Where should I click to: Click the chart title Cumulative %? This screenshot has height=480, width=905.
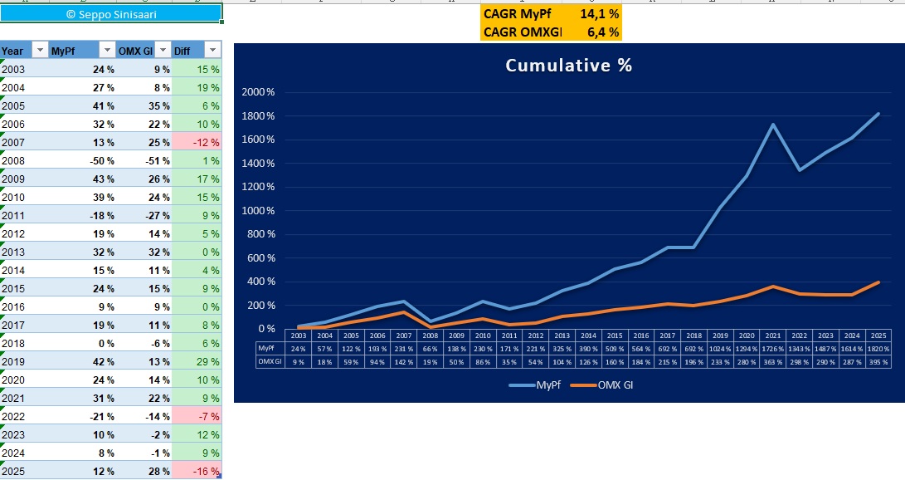pyautogui.click(x=569, y=66)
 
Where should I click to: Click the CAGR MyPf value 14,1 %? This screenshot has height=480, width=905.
pyautogui.click(x=600, y=14)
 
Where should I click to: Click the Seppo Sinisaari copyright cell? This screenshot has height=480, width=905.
pyautogui.click(x=111, y=14)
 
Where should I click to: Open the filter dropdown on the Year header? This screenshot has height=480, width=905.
pyautogui.click(x=39, y=51)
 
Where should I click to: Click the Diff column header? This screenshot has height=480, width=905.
pyautogui.click(x=183, y=51)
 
